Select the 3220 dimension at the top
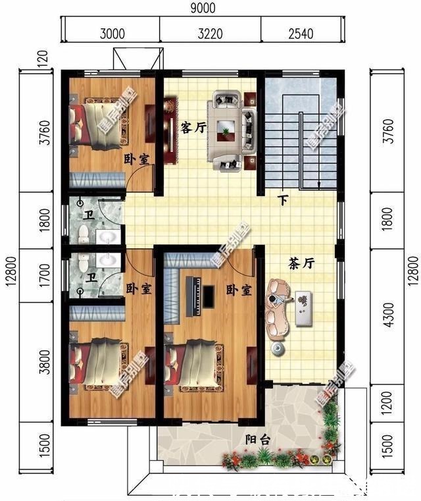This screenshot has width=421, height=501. tap(210, 32)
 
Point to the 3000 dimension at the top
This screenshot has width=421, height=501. tap(112, 32)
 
